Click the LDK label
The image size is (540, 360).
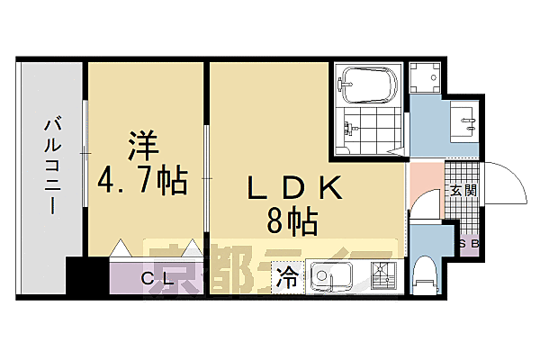coord(296,187)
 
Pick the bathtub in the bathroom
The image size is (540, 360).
coord(369,85)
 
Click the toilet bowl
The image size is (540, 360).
coord(423,275)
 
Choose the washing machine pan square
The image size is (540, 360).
coord(423,77)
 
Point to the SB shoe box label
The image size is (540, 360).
coord(468,243)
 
